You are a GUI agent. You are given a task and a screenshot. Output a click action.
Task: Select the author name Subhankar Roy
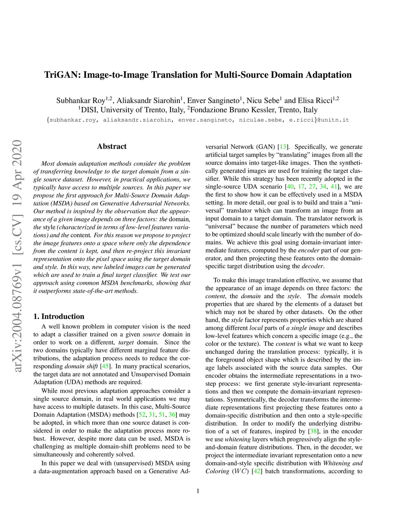80,101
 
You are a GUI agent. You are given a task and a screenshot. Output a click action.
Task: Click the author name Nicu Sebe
263,101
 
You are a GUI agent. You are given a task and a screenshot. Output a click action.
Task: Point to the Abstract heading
112,146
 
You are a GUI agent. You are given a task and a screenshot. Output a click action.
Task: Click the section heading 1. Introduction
59,316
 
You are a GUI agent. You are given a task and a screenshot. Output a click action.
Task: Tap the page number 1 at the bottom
198,491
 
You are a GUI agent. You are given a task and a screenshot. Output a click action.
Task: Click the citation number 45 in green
105,366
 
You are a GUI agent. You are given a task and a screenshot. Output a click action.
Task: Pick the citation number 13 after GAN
283,147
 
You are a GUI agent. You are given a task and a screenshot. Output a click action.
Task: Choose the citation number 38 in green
313,431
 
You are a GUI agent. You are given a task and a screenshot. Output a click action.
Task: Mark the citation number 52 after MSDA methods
141,414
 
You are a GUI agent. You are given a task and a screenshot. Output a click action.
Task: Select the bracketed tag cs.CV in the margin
17,233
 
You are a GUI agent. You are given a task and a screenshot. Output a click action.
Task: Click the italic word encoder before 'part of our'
308,250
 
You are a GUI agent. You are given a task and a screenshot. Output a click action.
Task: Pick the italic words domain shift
80,366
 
